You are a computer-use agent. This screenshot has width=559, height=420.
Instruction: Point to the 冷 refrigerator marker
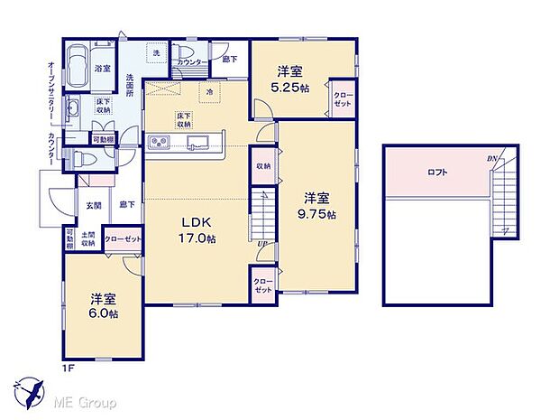(209, 91)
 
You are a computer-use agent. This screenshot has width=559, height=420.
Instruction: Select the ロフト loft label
(437, 172)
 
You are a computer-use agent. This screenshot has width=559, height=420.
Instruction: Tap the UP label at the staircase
(261, 244)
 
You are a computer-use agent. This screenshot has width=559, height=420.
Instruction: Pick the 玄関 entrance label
(94, 206)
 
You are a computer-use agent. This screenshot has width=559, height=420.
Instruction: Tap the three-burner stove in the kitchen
(160, 142)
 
